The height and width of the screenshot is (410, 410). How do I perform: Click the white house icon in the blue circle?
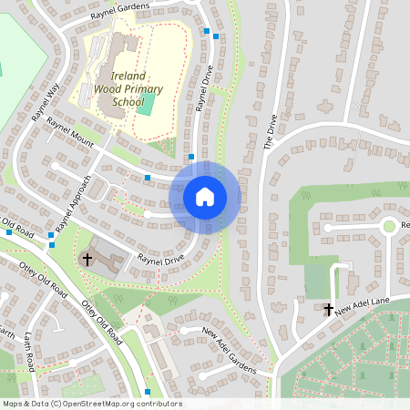[x=205, y=197]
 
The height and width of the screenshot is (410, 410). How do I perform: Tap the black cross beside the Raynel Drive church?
[x=87, y=259]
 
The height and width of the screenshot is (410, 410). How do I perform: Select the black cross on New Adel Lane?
[x=329, y=310]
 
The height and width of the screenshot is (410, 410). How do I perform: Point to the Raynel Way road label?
[x=46, y=102]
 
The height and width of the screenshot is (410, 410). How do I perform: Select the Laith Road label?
[x=29, y=351]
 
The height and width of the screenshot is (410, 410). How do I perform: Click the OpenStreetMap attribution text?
[x=91, y=404]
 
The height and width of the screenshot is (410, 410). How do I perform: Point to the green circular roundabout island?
[x=390, y=226]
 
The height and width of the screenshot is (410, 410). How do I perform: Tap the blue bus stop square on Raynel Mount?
[x=148, y=177]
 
